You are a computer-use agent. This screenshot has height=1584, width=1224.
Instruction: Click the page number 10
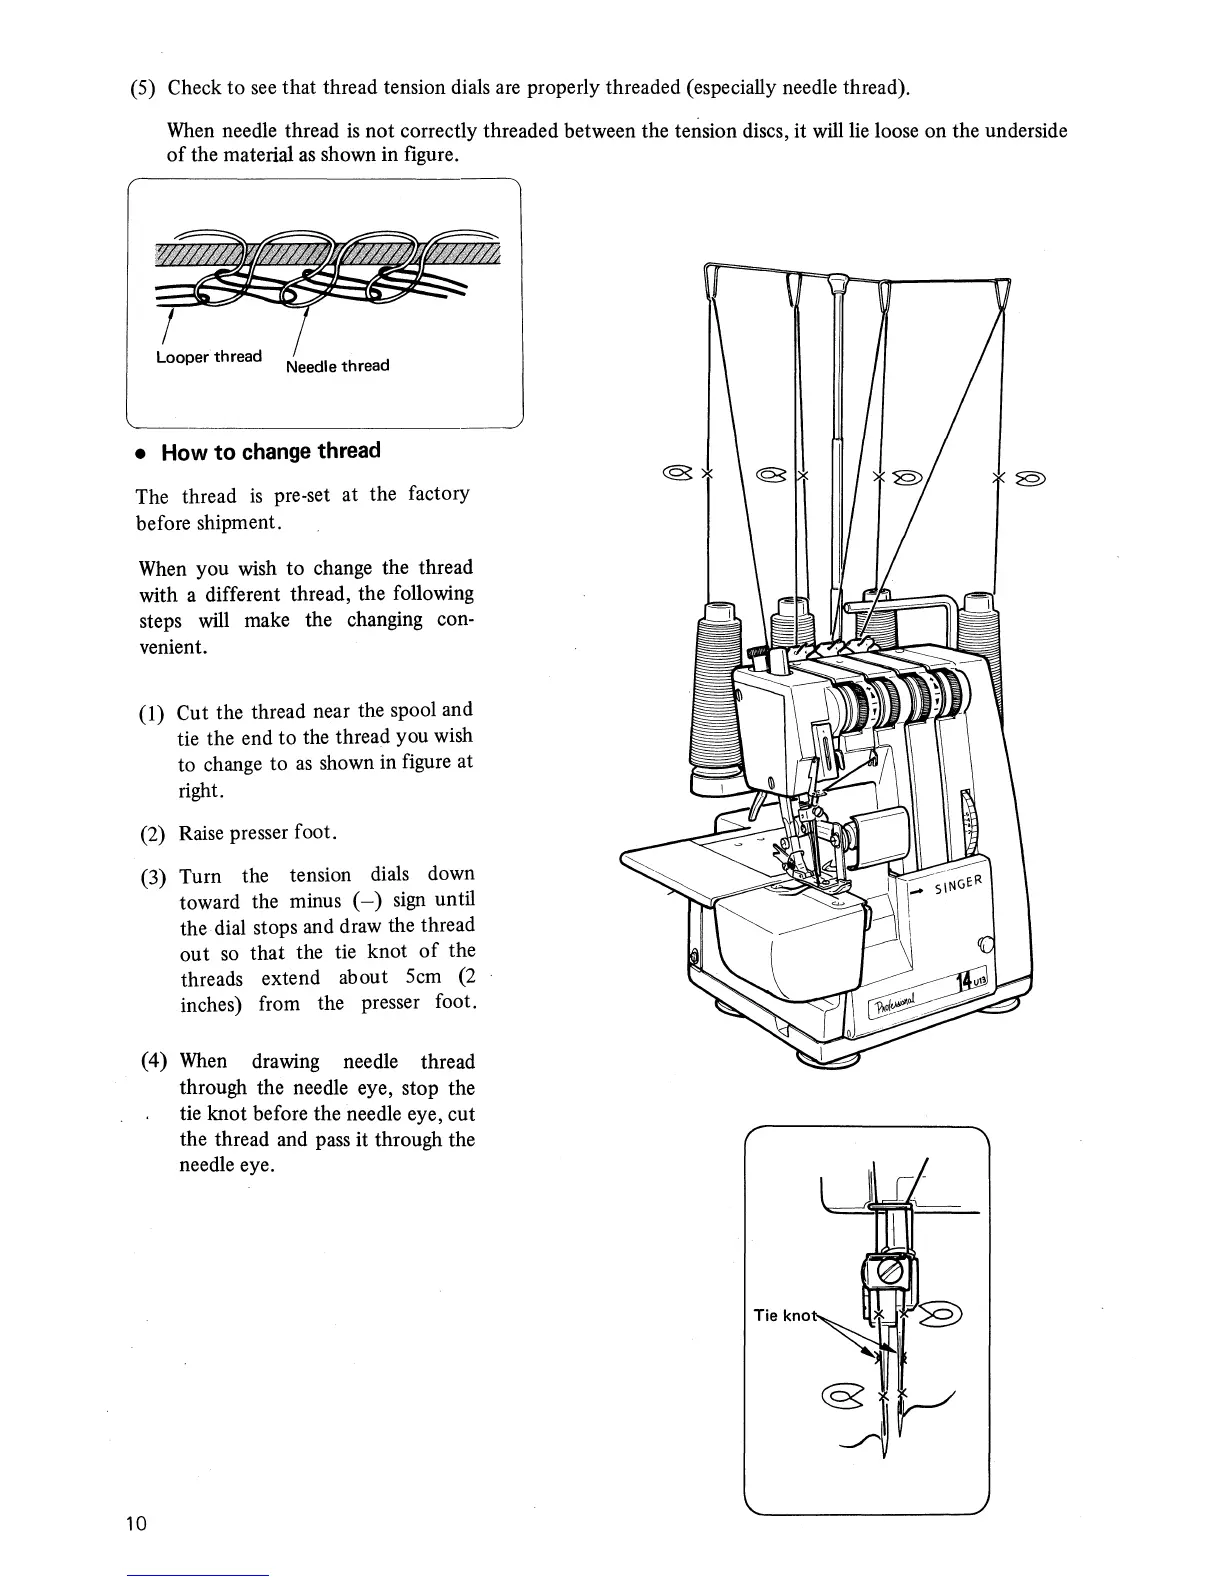[x=137, y=1523]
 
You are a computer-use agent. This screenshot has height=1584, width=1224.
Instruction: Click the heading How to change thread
[x=271, y=451]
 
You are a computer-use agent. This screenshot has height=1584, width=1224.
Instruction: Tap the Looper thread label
[x=209, y=357]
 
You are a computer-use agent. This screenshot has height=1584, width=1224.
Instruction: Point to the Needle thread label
[x=337, y=366]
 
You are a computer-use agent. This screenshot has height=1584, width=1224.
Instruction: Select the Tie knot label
[x=785, y=1315]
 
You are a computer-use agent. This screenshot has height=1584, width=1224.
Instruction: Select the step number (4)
[x=156, y=1062]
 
